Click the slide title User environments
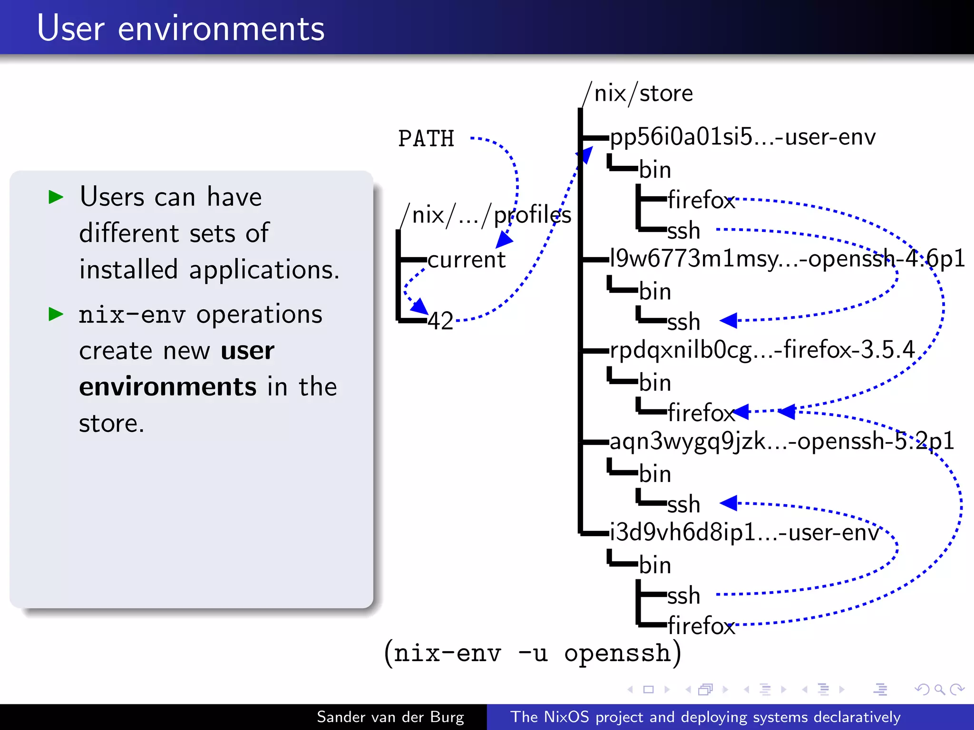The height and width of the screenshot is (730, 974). tap(181, 29)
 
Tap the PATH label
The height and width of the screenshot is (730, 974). tap(426, 139)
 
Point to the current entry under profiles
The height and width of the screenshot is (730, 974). tap(466, 259)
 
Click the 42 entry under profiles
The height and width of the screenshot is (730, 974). tap(440, 321)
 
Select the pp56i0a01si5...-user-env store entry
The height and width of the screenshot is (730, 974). tap(742, 137)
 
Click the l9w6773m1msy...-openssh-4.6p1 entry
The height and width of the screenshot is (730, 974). tap(787, 259)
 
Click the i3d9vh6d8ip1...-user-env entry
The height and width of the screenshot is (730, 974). tap(744, 533)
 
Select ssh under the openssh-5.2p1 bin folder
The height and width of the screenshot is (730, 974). tap(683, 504)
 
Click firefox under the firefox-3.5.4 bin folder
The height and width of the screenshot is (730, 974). tap(701, 413)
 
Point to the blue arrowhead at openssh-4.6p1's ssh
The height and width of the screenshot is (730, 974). tap(729, 321)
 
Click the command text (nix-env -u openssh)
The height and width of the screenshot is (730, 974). tap(533, 653)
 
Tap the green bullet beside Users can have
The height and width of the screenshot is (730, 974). tap(56, 197)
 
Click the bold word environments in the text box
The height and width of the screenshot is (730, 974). tap(168, 386)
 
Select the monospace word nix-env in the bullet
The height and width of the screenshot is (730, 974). tap(132, 315)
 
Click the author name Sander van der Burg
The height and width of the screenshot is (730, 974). tap(390, 717)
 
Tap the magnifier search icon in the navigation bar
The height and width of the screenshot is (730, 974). tap(939, 690)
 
